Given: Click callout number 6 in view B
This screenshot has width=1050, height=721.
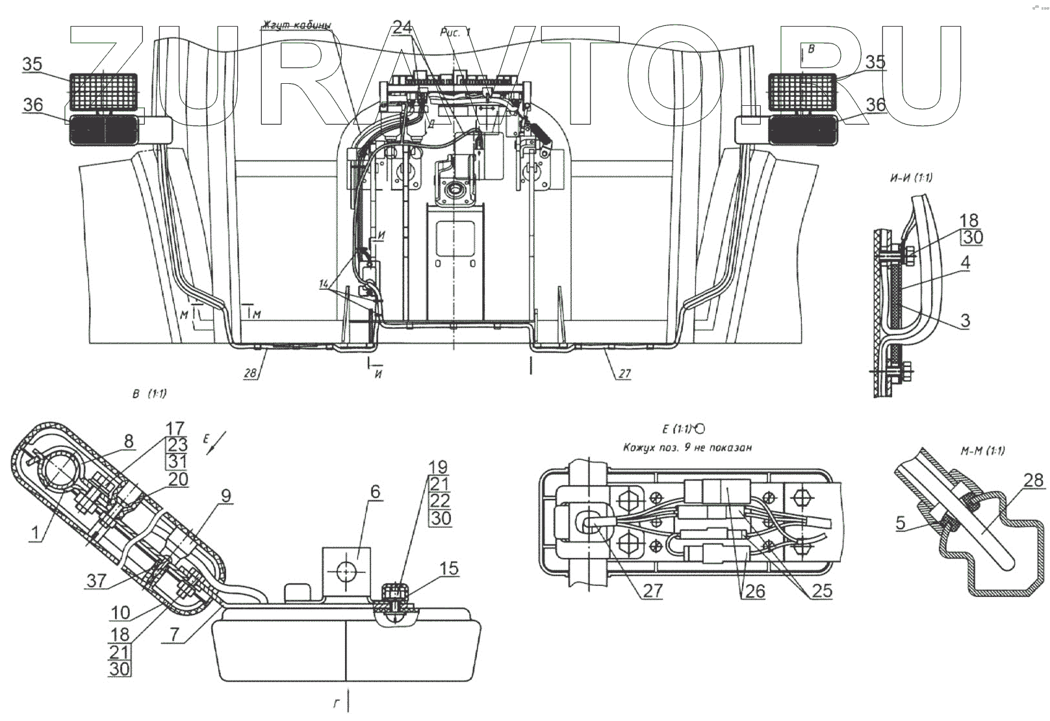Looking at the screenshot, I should coord(375,493).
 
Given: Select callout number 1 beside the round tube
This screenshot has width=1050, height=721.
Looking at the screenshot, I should coord(36,533).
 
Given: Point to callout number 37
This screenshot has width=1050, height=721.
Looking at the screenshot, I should coord(96,580).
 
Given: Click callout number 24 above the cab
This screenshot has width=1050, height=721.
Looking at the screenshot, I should coord(402,27).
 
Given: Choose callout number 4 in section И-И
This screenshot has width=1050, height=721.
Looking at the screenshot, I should coord(966,263).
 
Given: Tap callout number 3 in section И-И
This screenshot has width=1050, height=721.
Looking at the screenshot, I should coord(966,320).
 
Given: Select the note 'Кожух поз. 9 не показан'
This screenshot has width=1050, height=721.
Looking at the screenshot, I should coord(687,448).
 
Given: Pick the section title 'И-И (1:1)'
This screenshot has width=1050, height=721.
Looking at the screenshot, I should coord(910,178).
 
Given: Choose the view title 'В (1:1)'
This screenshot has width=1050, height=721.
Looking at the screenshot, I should coord(149,394).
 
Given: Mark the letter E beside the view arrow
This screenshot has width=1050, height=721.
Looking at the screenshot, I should coord(207,439).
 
